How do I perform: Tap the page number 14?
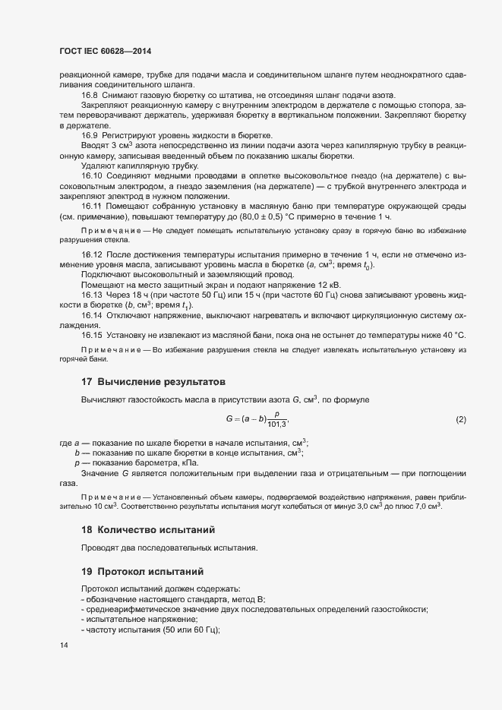click(63, 645)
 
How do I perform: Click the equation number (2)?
click(460, 419)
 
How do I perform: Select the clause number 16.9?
click(90, 134)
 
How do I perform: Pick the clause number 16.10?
click(92, 175)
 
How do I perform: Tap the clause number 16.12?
click(92, 254)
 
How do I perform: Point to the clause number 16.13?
click(92, 295)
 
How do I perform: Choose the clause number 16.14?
click(92, 315)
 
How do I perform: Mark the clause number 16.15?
click(92, 335)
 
